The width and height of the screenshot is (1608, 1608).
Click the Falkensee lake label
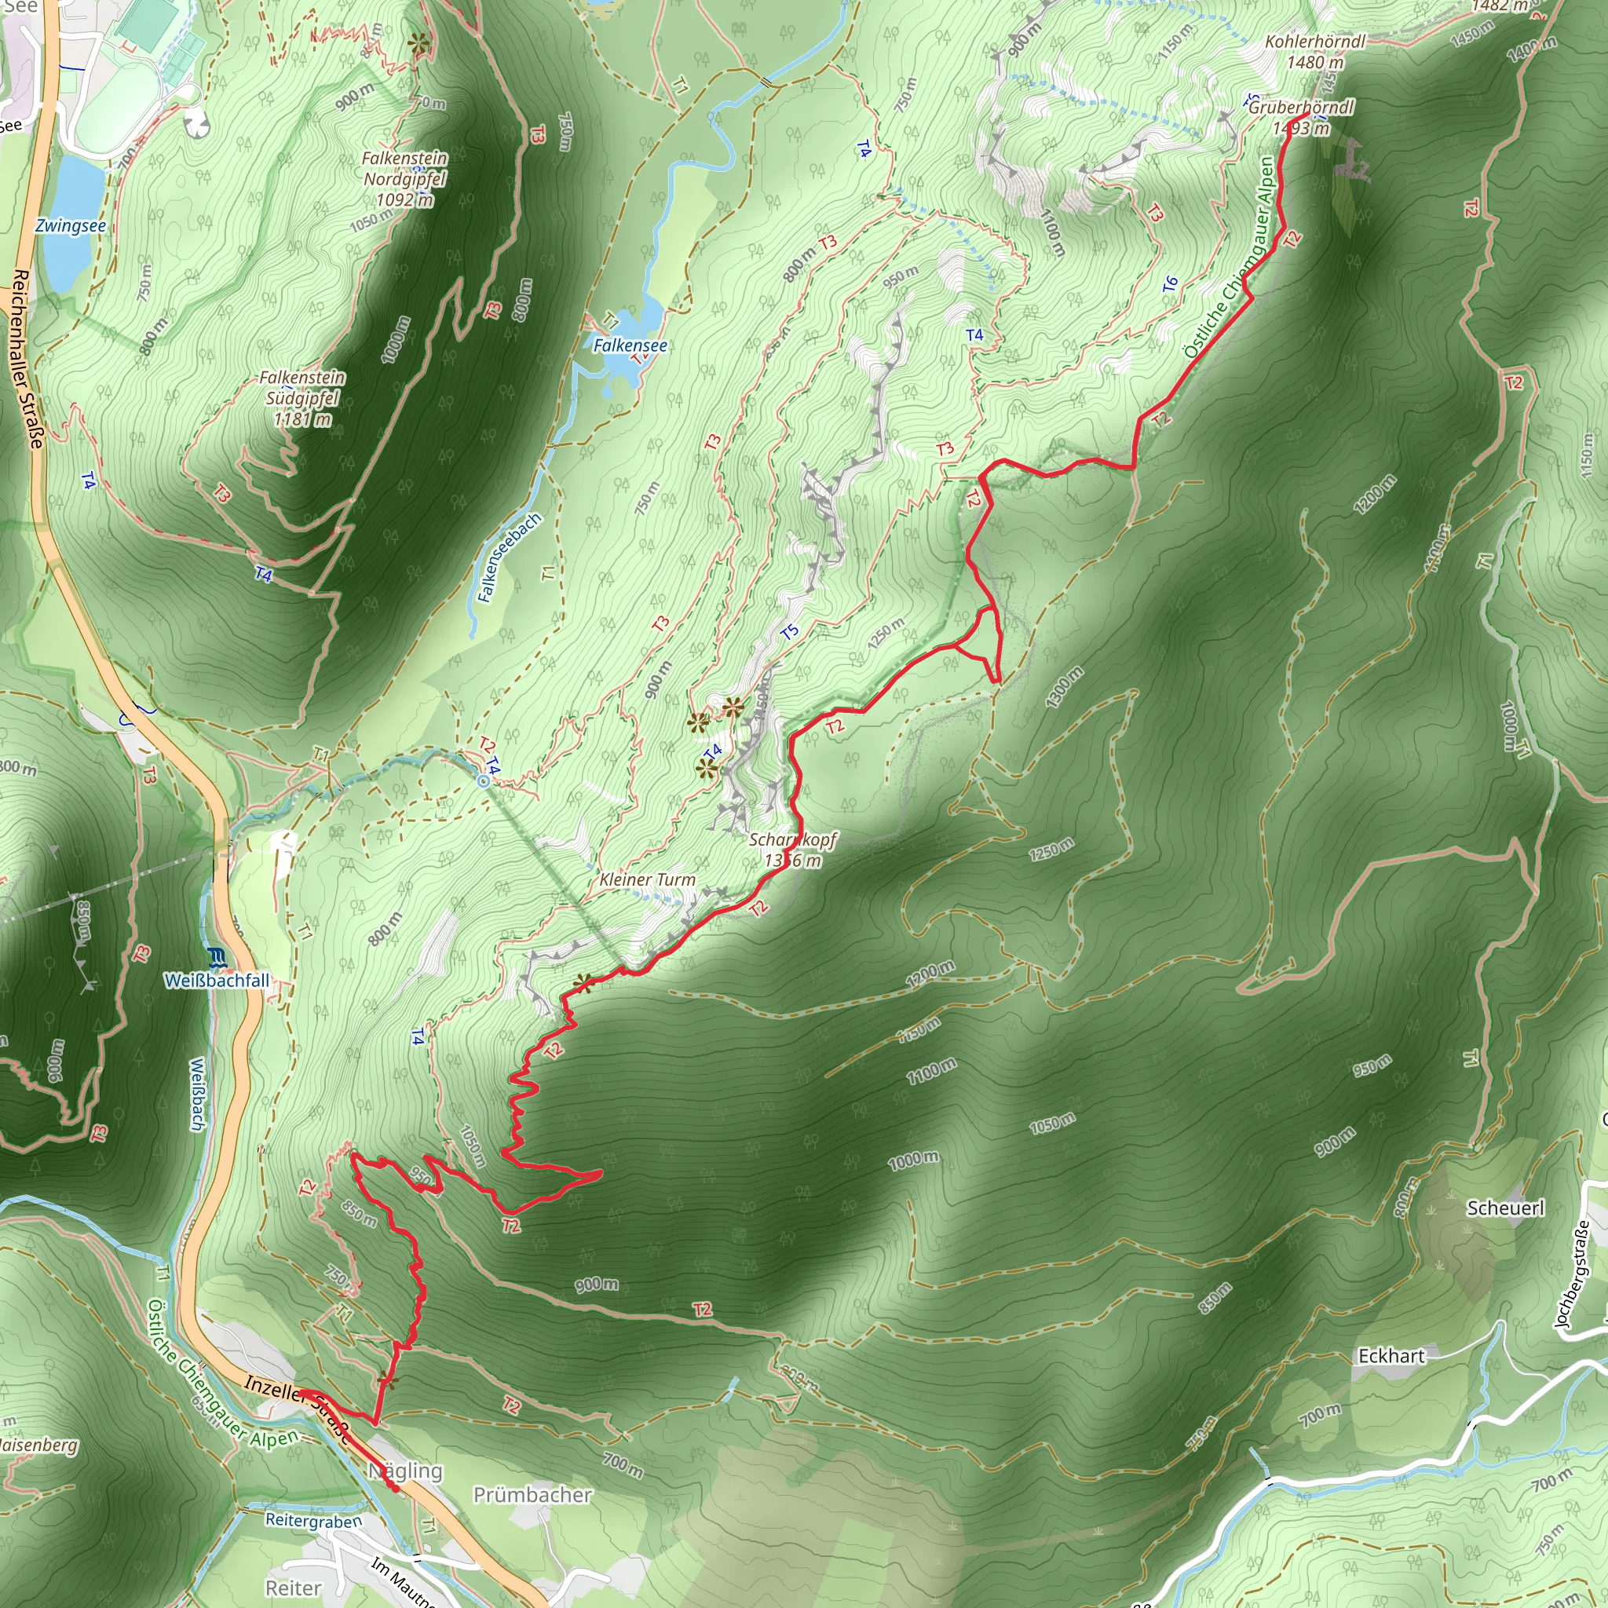coord(630,345)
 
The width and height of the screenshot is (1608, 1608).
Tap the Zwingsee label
coord(71,226)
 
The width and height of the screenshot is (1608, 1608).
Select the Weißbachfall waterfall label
coord(217,981)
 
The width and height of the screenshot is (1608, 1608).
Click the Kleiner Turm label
coord(648,879)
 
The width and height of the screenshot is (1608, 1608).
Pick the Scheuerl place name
coord(1506,1208)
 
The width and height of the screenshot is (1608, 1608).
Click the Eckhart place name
coord(1391,1356)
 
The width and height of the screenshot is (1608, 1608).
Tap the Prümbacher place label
coord(532,1495)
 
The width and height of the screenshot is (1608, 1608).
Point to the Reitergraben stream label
coord(314,1521)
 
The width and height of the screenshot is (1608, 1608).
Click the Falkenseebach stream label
coord(510,557)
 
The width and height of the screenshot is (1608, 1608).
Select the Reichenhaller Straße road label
coord(27,358)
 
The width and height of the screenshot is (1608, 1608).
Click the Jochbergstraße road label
coord(1572,1273)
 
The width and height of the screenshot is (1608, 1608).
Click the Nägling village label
coord(405,1471)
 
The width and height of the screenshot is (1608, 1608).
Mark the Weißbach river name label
coord(196,1095)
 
